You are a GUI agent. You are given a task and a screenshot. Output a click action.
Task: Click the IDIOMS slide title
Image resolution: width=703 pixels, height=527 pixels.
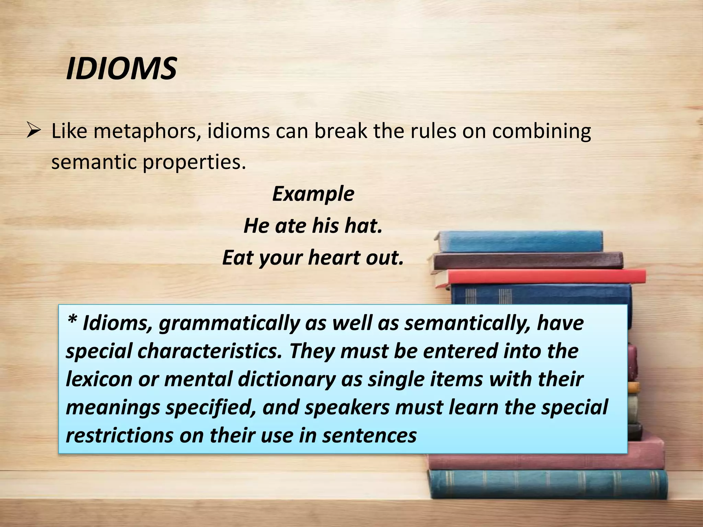pyautogui.click(x=121, y=69)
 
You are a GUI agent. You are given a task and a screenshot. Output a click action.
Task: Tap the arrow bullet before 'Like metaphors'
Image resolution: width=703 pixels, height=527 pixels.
pyautogui.click(x=34, y=131)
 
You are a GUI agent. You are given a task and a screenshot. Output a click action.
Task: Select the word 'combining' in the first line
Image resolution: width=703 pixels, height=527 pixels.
pyautogui.click(x=541, y=131)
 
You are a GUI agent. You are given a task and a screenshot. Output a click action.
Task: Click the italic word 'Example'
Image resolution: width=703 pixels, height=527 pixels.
pyautogui.click(x=313, y=194)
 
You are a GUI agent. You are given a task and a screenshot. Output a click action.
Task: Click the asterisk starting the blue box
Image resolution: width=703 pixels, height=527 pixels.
pyautogui.click(x=72, y=322)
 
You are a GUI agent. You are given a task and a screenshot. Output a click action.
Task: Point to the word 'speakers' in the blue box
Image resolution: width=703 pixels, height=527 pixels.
pyautogui.click(x=347, y=407)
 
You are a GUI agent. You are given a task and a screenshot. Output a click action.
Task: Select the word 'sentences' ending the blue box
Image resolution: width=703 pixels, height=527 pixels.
pyautogui.click(x=369, y=435)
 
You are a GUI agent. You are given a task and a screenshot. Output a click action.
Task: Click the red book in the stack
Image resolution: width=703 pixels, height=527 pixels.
pyautogui.click(x=542, y=277)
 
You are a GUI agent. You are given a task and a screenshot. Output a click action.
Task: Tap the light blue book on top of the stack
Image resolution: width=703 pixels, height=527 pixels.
pyautogui.click(x=522, y=242)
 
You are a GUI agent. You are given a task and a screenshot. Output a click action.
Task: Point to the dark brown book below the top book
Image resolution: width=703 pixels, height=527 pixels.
pyautogui.click(x=529, y=260)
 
